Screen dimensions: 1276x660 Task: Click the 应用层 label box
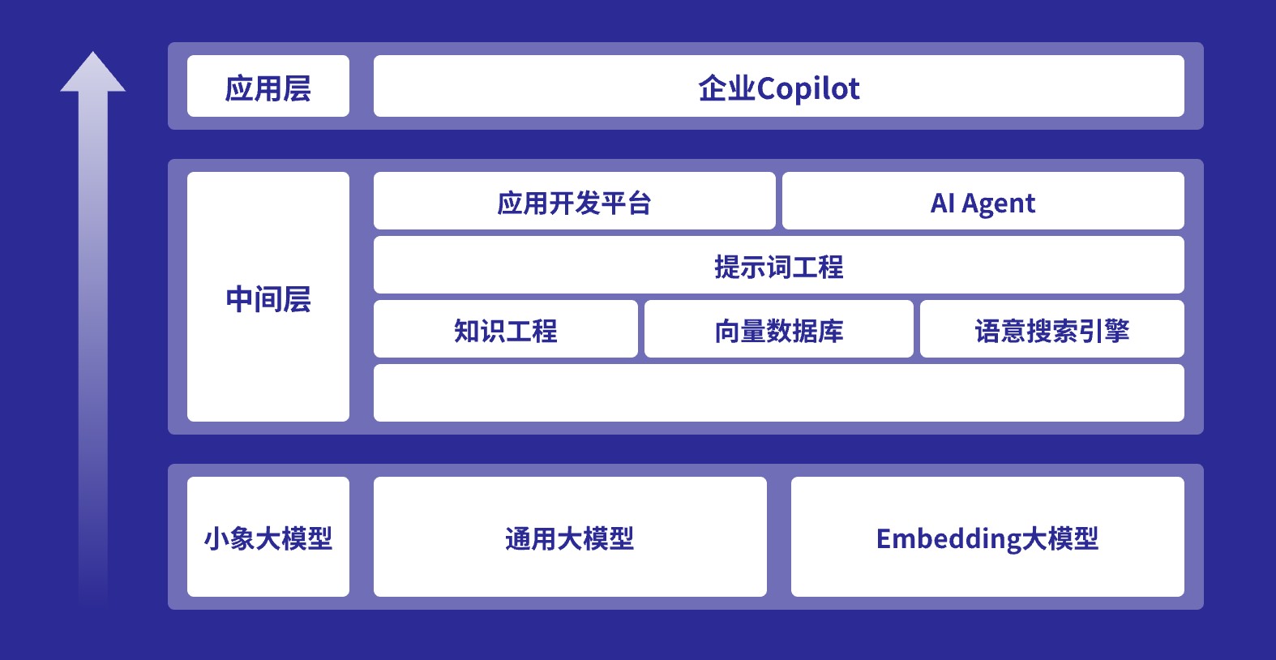coord(268,86)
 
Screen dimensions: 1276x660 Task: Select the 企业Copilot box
coord(779,86)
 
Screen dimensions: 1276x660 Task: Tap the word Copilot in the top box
coord(807,89)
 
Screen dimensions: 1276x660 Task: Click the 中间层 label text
coord(268,298)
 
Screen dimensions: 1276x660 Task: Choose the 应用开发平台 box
coord(574,200)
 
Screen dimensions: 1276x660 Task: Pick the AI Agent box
coord(983,200)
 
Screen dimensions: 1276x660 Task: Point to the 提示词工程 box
coord(779,265)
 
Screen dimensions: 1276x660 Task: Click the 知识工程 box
coord(506,329)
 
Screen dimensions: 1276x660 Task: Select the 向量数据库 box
coord(779,329)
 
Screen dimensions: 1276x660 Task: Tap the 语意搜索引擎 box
coord(1052,329)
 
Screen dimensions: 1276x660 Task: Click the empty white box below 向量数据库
coord(779,393)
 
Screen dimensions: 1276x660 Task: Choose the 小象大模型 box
coord(268,537)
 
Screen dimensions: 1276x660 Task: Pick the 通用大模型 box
coord(570,537)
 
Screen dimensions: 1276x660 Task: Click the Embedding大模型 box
coord(987,537)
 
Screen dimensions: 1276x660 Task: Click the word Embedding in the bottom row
coord(948,539)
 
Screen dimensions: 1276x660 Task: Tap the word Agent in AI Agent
coord(998,204)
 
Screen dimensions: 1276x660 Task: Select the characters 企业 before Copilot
coord(727,89)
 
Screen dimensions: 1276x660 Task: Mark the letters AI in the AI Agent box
coord(942,203)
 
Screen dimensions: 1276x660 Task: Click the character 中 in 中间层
coord(239,298)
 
